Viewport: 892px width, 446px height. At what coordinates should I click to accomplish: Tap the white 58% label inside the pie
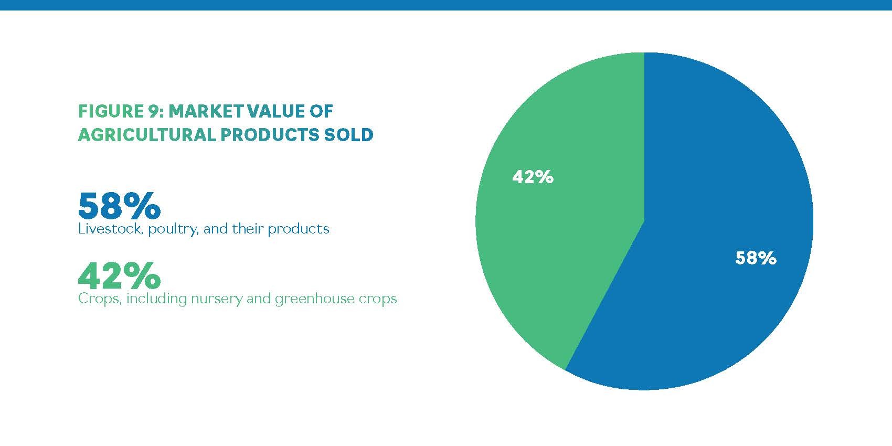pyautogui.click(x=756, y=258)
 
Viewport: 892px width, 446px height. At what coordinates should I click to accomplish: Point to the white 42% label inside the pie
pyautogui.click(x=533, y=177)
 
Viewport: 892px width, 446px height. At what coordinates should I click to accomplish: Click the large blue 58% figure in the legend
pyautogui.click(x=119, y=206)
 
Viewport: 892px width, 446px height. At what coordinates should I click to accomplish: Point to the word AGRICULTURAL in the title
pyautogui.click(x=146, y=135)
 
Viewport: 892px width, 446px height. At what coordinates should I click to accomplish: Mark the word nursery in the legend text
pyautogui.click(x=215, y=299)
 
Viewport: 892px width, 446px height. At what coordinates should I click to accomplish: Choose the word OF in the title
pyautogui.click(x=322, y=111)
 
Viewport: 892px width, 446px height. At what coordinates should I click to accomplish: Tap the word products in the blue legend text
pyautogui.click(x=299, y=230)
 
